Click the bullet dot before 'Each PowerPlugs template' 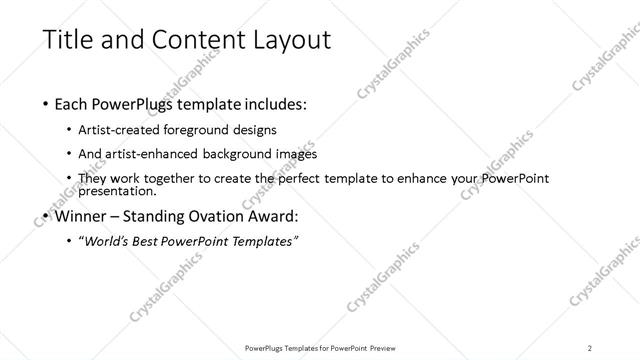46,104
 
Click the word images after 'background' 297,154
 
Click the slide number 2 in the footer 590,347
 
